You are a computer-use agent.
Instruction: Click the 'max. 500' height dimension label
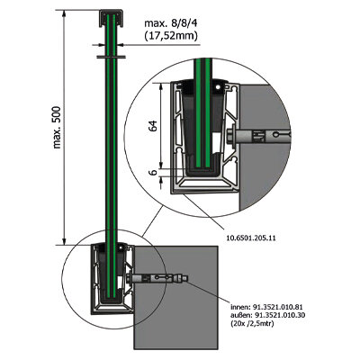(x=57, y=127)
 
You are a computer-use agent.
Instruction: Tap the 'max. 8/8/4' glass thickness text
(x=170, y=23)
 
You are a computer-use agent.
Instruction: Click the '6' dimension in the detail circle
(x=153, y=173)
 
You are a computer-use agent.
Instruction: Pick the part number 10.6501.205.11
(x=250, y=238)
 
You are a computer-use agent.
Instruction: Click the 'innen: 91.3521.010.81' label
(x=267, y=307)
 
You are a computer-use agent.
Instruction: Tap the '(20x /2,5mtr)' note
(x=252, y=323)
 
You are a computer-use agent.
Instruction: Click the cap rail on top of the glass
(x=112, y=18)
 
